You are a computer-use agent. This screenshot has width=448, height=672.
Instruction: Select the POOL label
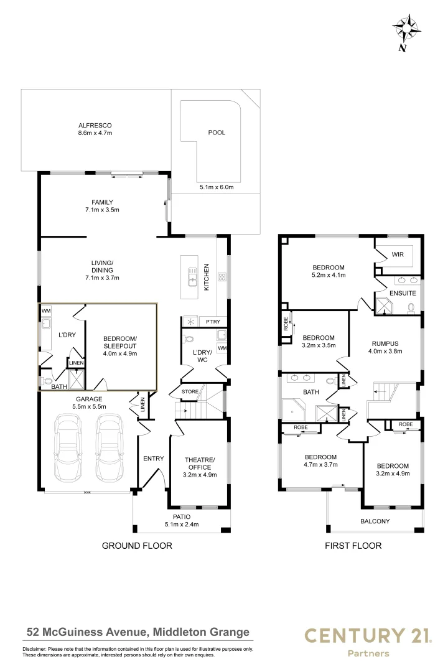[217, 133]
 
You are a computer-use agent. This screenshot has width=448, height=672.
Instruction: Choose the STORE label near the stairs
[190, 391]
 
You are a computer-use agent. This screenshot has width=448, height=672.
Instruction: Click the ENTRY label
[153, 459]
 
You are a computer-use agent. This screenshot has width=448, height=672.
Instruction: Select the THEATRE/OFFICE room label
[199, 464]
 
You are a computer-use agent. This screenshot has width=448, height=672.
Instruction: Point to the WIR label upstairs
[398, 254]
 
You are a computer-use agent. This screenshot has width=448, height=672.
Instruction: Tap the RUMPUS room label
[385, 343]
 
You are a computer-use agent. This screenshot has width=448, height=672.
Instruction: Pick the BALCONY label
[375, 521]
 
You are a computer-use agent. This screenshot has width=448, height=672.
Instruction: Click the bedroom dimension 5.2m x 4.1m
[329, 274]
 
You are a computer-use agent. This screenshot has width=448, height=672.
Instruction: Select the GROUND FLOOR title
[136, 546]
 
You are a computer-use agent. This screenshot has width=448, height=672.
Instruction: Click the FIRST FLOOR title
[353, 546]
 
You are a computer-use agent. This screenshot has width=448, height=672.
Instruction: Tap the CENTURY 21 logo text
[367, 635]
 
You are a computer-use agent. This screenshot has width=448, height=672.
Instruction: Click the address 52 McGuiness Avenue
[138, 632]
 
